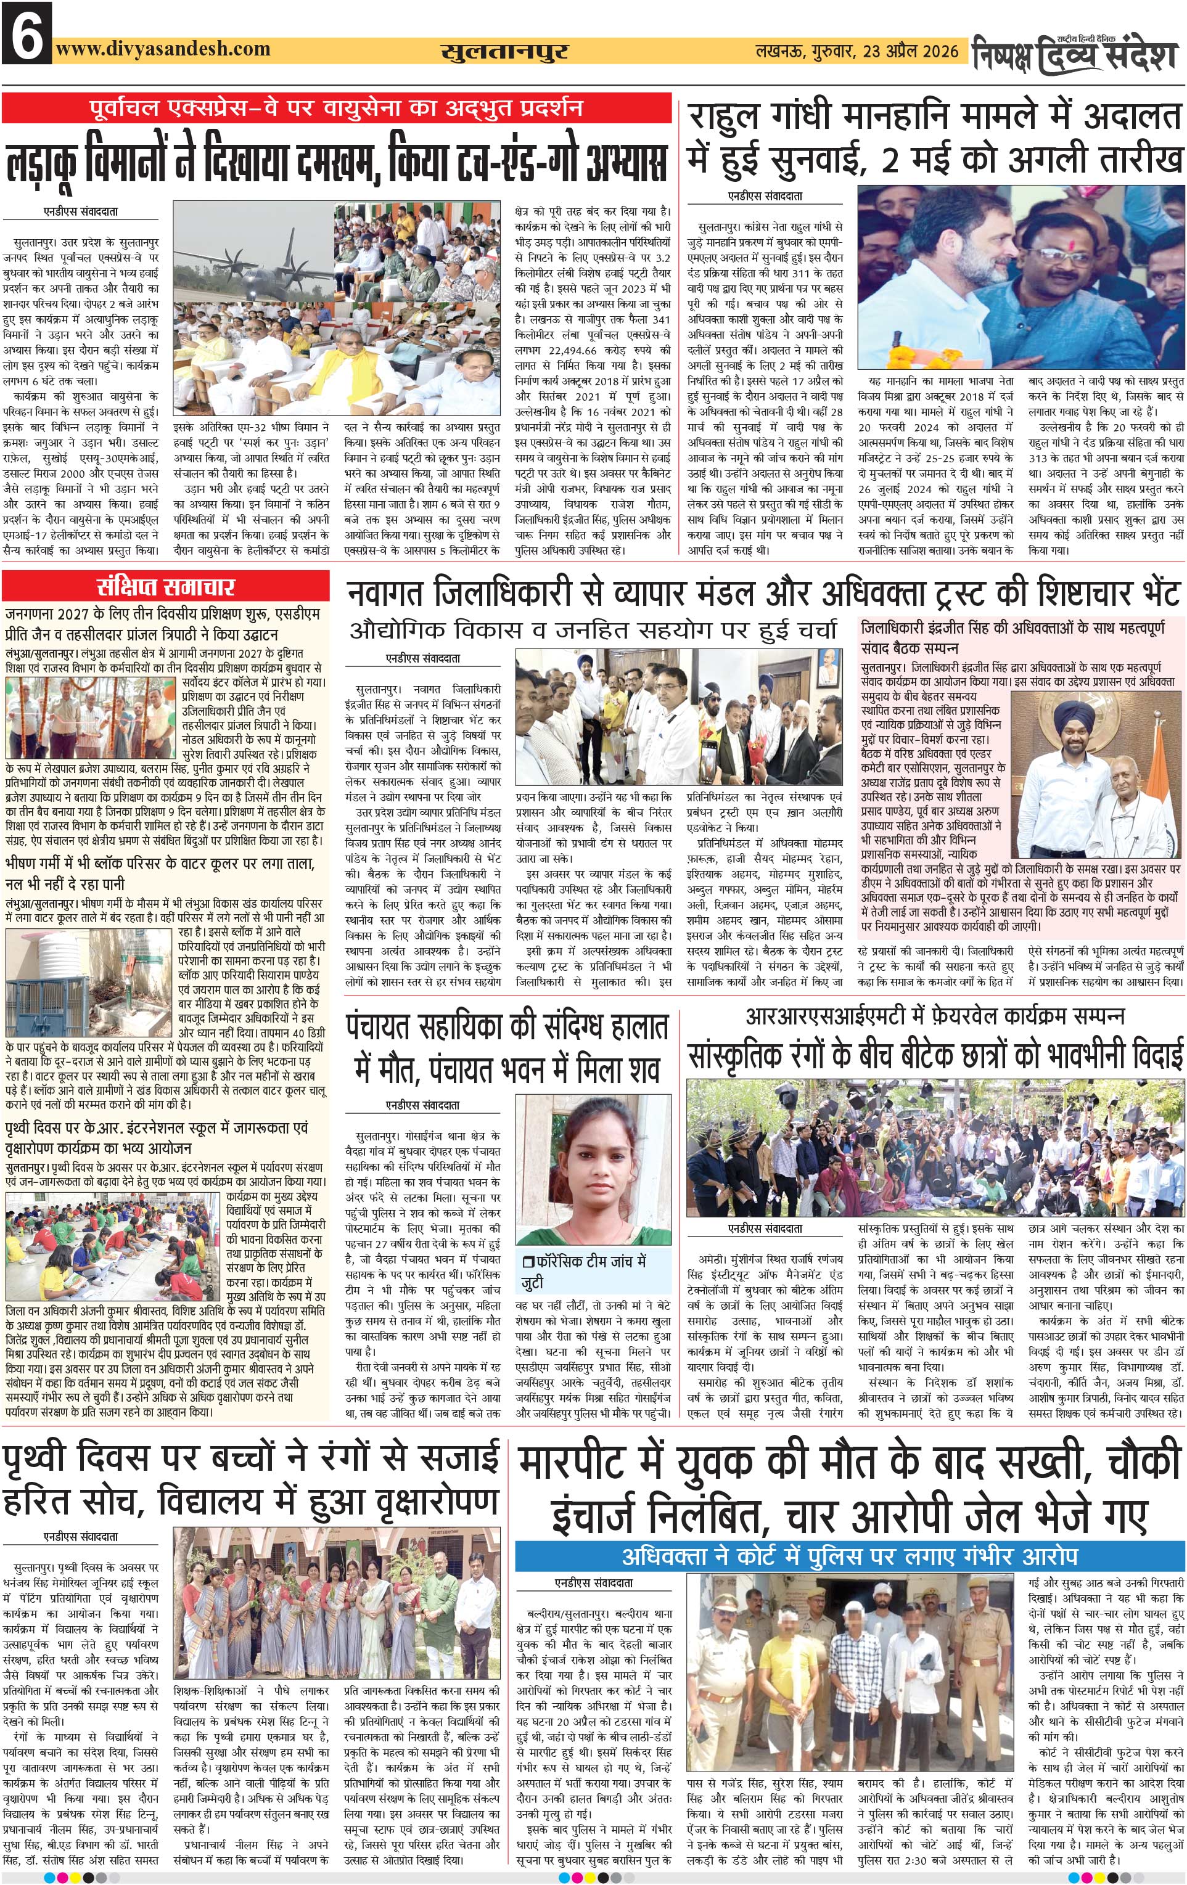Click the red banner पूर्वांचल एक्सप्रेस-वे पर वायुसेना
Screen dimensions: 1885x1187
pos(337,107)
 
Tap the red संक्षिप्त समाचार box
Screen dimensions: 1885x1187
pos(165,587)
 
